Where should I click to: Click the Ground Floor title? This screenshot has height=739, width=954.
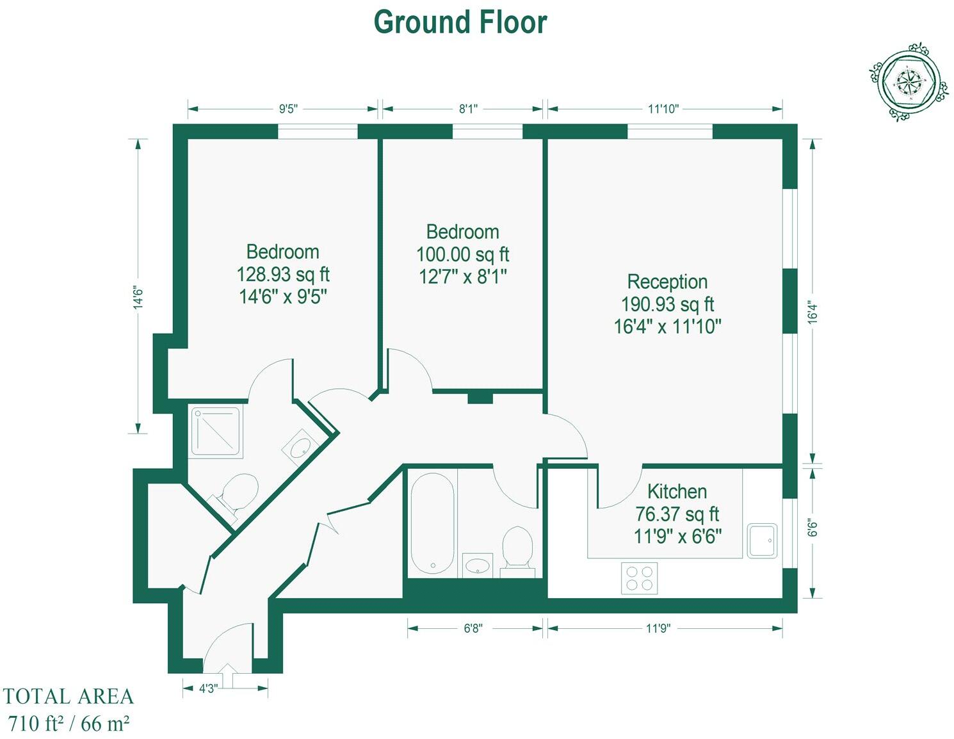tap(460, 22)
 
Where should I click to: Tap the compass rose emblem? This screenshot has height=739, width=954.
tap(909, 83)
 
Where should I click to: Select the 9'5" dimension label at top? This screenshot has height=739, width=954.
tap(288, 109)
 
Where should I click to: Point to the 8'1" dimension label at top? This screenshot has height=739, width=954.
tap(468, 109)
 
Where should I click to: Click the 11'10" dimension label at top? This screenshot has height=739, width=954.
tap(663, 109)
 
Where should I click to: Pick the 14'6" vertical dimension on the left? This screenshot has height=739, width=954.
tap(138, 297)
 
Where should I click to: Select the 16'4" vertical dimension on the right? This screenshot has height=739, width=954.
tap(813, 313)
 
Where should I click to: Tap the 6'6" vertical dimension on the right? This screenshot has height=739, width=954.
tap(813, 528)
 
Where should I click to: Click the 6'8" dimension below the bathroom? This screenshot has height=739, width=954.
tap(473, 628)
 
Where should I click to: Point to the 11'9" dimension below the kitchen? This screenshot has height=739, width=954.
tap(658, 628)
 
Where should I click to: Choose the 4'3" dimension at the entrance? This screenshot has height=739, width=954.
tap(208, 688)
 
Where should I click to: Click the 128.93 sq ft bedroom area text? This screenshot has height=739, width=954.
tap(282, 275)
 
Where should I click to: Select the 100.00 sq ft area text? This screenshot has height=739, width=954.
tap(462, 255)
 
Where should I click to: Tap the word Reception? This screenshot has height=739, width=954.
tap(667, 282)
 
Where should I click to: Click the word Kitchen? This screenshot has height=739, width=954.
tap(677, 492)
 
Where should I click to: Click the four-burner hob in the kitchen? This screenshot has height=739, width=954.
tap(639, 578)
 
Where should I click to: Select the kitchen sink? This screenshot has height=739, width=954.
tap(762, 540)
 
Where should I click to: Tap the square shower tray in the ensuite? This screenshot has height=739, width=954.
tap(216, 432)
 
